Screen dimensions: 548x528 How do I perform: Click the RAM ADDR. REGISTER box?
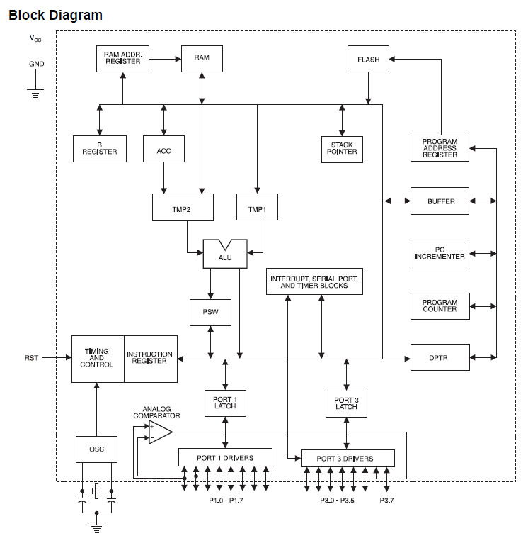coord(123,59)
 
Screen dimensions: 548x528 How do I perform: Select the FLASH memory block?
coord(368,60)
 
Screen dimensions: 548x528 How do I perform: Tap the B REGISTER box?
coord(100,148)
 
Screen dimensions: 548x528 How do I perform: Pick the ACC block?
coord(163,148)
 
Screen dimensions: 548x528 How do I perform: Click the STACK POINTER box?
coord(342,149)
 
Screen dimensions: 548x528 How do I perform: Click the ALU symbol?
coord(224,255)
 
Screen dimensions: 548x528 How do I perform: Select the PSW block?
coord(210,312)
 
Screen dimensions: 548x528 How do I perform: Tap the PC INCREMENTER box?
coord(439,253)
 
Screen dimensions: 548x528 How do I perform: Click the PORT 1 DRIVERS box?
coord(225,457)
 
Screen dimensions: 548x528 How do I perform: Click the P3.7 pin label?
coord(386,501)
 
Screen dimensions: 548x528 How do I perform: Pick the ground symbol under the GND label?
coord(33,90)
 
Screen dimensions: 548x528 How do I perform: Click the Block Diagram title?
coord(55,15)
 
